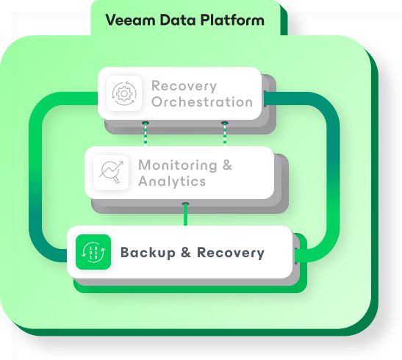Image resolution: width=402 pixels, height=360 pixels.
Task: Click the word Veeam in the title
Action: (129, 20)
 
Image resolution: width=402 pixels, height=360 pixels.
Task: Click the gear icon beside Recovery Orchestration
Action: (123, 93)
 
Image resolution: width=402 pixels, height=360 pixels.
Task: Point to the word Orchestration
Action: (201, 102)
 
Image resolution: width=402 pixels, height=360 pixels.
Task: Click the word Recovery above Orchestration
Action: (184, 85)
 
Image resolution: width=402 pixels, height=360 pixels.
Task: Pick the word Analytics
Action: (171, 181)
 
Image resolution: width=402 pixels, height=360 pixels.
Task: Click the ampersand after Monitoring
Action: (226, 165)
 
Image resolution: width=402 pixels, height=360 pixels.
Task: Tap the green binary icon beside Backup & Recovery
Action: (93, 252)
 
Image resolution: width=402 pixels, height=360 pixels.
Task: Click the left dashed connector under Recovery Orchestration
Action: (146, 133)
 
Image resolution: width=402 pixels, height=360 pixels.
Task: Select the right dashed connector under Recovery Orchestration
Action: (224, 133)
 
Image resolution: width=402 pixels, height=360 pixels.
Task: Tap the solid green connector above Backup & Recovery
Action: (185, 214)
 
